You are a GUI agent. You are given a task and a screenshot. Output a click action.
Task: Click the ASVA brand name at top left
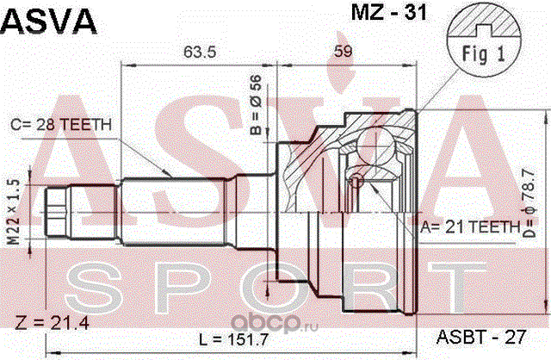pyautogui.click(x=48, y=21)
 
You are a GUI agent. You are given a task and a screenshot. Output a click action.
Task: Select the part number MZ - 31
pyautogui.click(x=389, y=13)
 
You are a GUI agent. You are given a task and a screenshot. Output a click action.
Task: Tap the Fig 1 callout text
pyautogui.click(x=483, y=54)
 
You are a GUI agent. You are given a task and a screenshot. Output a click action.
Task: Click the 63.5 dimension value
pyautogui.click(x=200, y=52)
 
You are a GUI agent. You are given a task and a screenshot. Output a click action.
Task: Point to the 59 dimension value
pyautogui.click(x=343, y=52)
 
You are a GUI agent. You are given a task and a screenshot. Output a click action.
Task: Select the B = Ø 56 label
pyautogui.click(x=257, y=105)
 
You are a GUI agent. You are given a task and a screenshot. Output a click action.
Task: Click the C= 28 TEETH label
pyautogui.click(x=61, y=125)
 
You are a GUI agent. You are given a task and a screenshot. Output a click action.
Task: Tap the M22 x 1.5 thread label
pyautogui.click(x=14, y=212)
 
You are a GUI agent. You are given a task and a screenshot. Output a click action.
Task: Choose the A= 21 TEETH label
pyautogui.click(x=470, y=227)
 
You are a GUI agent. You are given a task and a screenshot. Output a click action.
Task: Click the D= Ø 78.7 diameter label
pyautogui.click(x=529, y=203)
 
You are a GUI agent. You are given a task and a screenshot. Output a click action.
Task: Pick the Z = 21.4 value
pyautogui.click(x=52, y=323)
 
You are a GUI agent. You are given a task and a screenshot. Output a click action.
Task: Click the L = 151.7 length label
pyautogui.click(x=233, y=339)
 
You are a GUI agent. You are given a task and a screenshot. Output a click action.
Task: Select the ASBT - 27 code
pyautogui.click(x=481, y=337)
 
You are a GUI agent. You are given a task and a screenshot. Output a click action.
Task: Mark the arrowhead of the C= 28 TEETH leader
pyautogui.click(x=168, y=173)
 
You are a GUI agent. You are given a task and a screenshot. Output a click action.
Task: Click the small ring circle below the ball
pyautogui.click(x=356, y=182)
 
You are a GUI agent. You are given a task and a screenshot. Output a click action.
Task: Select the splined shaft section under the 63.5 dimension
pyautogui.click(x=173, y=211)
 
